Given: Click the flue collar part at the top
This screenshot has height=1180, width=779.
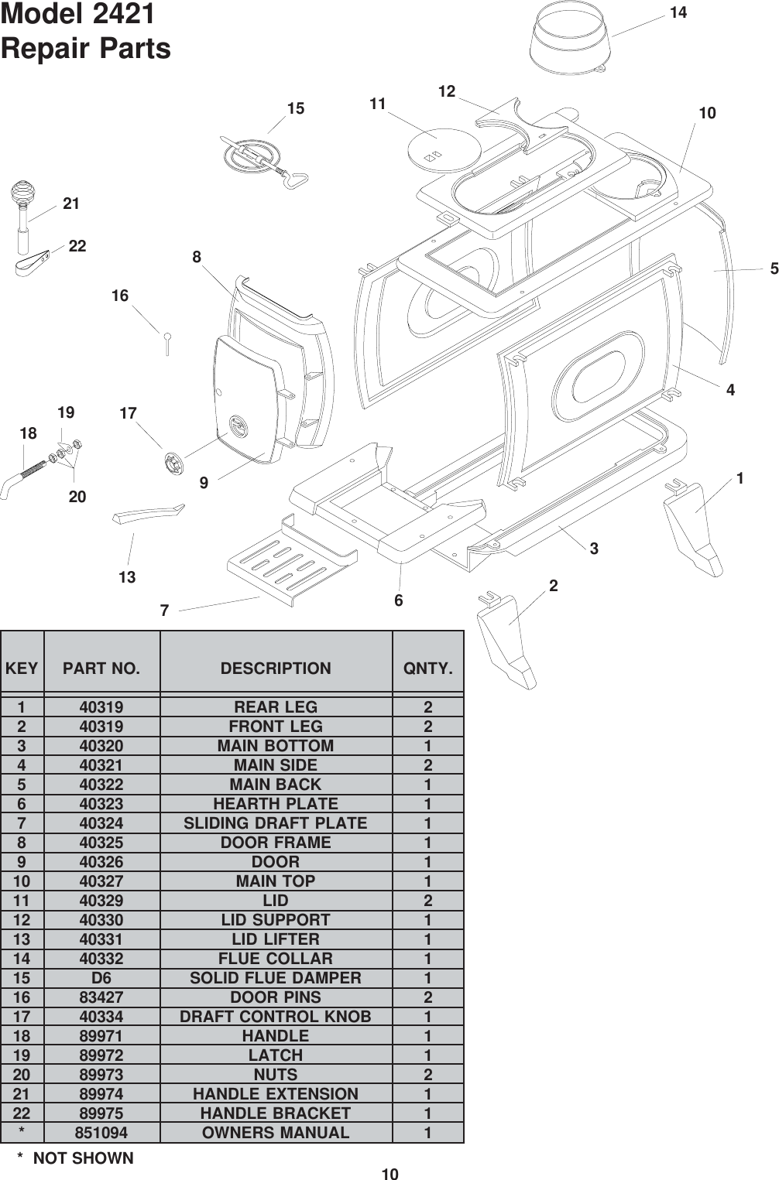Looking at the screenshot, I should tap(569, 43).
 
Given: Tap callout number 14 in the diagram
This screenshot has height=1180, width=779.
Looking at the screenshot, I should tap(678, 12).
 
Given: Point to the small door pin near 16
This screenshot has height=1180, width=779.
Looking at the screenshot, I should tap(166, 343).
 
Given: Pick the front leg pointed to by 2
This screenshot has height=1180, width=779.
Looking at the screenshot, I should tap(507, 638).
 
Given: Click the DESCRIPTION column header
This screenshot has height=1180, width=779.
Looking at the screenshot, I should tap(276, 669).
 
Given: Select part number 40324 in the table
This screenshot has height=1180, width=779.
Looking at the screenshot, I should tap(101, 823).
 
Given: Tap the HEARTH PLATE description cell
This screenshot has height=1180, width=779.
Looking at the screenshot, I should tap(276, 804).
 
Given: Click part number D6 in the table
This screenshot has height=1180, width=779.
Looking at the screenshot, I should tap(101, 978).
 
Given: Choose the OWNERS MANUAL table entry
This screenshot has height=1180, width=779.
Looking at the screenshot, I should tap(276, 1133).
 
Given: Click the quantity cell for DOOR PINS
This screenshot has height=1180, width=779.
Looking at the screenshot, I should tap(427, 997).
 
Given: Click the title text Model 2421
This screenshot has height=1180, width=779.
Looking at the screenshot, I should tap(78, 15).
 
